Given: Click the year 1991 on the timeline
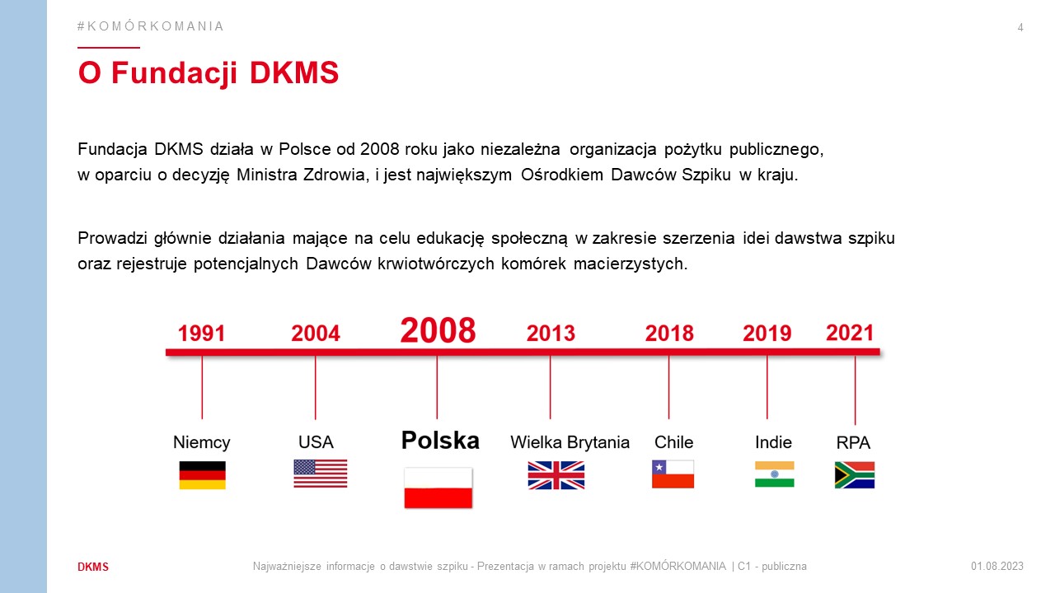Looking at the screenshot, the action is tap(202, 334).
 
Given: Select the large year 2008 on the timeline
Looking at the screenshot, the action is tap(438, 330).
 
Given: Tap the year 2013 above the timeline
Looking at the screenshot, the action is tap(551, 334).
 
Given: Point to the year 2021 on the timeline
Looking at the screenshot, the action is tap(850, 333).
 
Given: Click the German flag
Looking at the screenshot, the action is tap(203, 475).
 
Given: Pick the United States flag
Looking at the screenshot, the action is tap(321, 474).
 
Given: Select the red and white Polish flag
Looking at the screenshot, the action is tap(438, 488).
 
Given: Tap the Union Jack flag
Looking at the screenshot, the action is tap(556, 475).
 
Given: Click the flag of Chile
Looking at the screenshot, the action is tap(673, 474).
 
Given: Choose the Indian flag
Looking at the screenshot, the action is tap(774, 474).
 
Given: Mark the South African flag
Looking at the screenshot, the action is tap(855, 475).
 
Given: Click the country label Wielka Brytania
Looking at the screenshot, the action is tap(570, 442).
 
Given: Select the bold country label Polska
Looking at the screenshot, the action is tap(440, 441).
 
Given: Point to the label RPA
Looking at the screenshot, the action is tap(853, 442).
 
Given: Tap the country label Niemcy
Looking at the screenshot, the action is tap(202, 442).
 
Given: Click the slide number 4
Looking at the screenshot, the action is tap(1020, 28).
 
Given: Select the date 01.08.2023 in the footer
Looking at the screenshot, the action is tap(997, 566).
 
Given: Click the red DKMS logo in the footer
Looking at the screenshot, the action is tap(93, 567).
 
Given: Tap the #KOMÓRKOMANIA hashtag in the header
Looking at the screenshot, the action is tap(150, 26).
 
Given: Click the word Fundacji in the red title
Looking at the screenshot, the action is tap(174, 73).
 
